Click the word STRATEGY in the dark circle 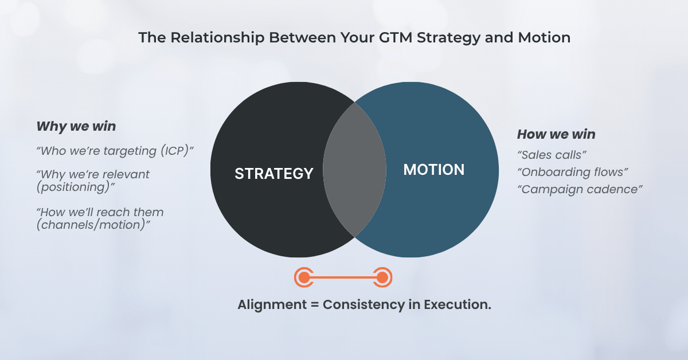(273, 173)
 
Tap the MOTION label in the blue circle (434, 170)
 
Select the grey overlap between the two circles (354, 169)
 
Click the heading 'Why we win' (76, 127)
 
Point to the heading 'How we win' (556, 135)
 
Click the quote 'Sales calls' (552, 155)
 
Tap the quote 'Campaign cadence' (579, 189)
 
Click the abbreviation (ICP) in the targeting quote (175, 151)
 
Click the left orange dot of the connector (304, 278)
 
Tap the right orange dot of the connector (382, 278)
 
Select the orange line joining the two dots (343, 278)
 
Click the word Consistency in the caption (365, 304)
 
